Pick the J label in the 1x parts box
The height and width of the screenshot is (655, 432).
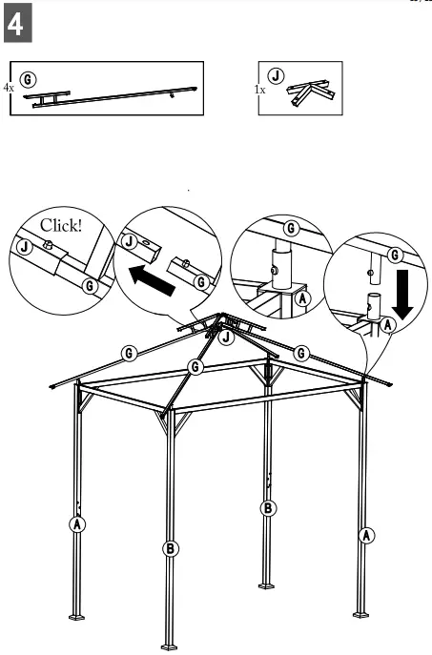[276, 74]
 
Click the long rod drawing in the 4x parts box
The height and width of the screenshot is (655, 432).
[114, 95]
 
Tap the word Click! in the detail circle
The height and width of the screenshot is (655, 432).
[61, 226]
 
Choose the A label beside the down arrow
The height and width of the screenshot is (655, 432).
[386, 325]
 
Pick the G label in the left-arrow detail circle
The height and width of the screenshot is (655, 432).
[201, 281]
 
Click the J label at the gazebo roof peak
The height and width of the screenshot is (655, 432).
[226, 337]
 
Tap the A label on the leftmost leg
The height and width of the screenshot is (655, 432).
[76, 522]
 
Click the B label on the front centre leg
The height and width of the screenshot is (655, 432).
[171, 547]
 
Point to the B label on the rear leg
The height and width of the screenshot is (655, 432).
[269, 507]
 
